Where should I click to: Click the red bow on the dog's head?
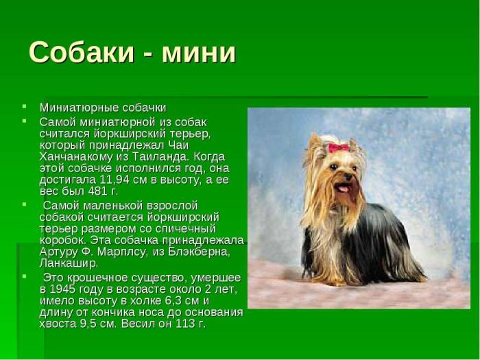point(338,147)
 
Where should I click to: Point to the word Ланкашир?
point(69,263)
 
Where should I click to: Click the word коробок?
point(62,240)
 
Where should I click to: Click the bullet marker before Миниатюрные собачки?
point(24,107)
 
